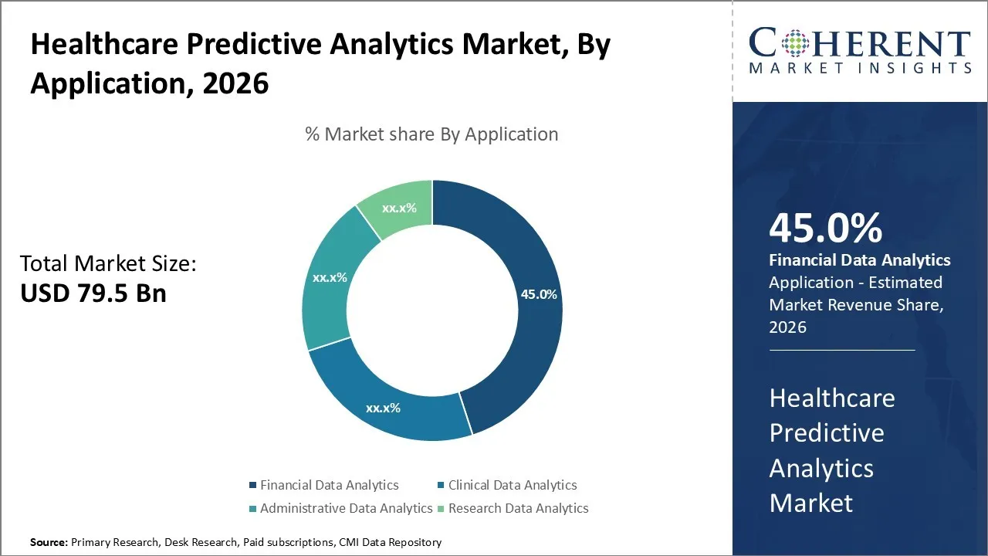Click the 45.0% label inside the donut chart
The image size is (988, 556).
point(539,294)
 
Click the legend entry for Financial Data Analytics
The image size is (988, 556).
point(329,485)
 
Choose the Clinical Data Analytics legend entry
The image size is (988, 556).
point(512,485)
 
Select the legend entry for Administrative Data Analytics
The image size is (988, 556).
point(346,508)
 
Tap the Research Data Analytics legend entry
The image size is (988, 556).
point(518,508)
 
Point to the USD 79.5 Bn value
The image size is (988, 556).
point(93,293)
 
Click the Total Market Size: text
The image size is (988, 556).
point(109,263)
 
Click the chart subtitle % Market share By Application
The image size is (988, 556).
point(431,134)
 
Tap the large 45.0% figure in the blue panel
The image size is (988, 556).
point(825,229)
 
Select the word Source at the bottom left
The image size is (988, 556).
point(48,542)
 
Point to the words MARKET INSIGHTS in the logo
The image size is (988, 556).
point(859,68)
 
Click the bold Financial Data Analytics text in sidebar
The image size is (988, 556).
point(860,260)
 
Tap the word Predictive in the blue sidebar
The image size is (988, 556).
point(826,432)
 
